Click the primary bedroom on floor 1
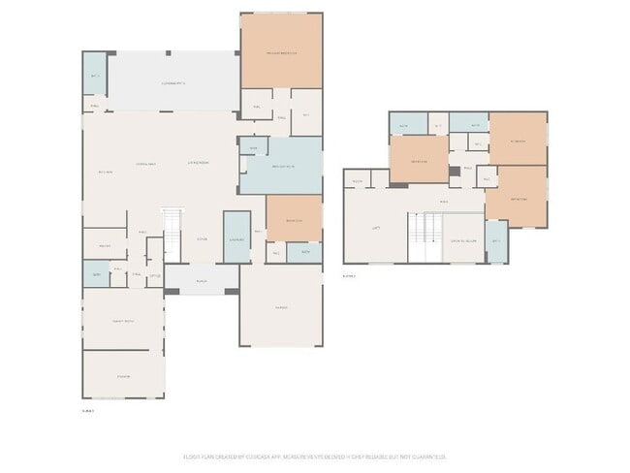click(281, 52)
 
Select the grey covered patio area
click(173, 81)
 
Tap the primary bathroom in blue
click(281, 166)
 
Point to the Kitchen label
click(106, 173)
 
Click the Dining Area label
click(147, 163)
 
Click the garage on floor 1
click(281, 306)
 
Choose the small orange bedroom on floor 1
click(294, 219)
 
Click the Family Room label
click(122, 320)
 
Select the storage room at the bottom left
click(123, 374)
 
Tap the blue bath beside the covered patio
click(94, 74)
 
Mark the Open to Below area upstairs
click(462, 242)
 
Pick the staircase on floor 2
click(424, 237)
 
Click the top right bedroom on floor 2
click(518, 140)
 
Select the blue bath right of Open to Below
click(496, 241)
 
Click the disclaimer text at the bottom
click(315, 457)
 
